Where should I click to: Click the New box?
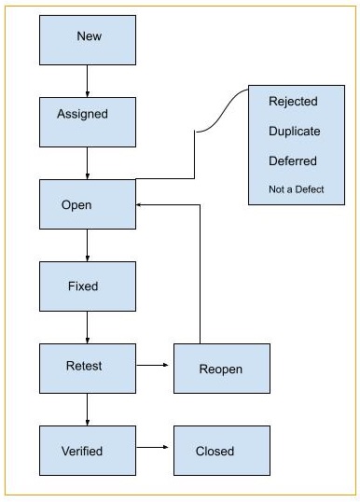point(88,37)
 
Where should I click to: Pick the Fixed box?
point(88,286)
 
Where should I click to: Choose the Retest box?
point(88,367)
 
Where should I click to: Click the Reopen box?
point(221,369)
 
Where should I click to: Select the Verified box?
point(88,451)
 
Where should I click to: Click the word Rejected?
point(293,101)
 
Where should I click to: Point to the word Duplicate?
point(293,131)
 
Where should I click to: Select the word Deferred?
point(293,160)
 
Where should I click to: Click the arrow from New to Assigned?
point(88,80)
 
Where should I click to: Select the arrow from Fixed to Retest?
point(88,327)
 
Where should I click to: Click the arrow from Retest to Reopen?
point(154,367)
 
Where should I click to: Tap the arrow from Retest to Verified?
point(88,409)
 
